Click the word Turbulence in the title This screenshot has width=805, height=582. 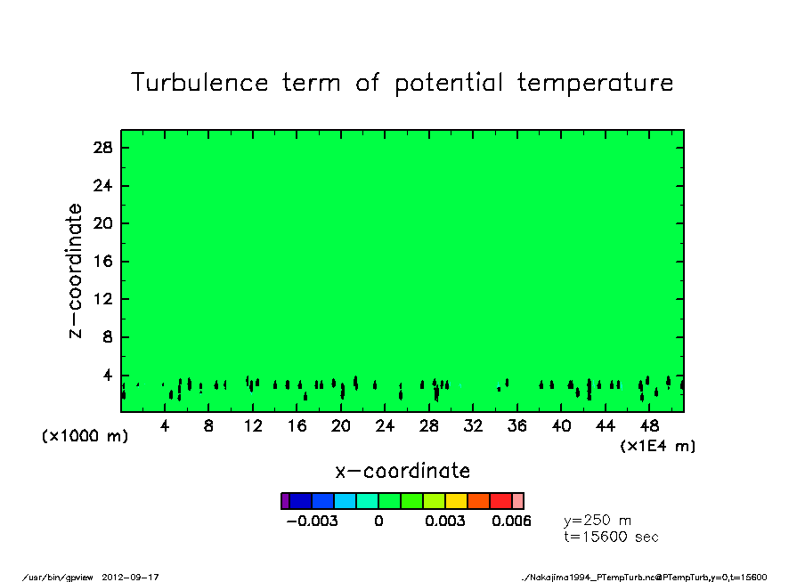(x=199, y=83)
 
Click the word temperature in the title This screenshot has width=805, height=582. (x=595, y=84)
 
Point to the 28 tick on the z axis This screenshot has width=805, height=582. (x=102, y=148)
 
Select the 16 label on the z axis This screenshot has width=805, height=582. (x=102, y=262)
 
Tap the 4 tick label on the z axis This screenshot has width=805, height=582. (x=107, y=376)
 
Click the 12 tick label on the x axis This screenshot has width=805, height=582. (x=253, y=426)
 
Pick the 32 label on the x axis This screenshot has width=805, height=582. (x=473, y=426)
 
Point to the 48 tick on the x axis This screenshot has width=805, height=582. (x=649, y=426)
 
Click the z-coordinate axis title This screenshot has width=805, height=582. (x=75, y=271)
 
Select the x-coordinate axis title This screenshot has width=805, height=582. (x=402, y=471)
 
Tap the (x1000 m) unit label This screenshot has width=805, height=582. (x=85, y=436)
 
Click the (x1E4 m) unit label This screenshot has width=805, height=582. (x=658, y=446)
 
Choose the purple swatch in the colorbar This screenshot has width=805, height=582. (x=285, y=501)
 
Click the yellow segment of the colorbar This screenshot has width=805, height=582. (x=457, y=501)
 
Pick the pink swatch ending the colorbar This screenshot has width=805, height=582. (x=518, y=501)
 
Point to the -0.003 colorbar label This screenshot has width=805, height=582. (x=313, y=521)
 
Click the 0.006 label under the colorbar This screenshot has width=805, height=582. (x=511, y=521)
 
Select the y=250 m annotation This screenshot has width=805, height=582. (x=598, y=521)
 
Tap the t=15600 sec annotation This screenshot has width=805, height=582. (x=611, y=537)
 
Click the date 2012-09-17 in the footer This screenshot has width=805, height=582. (x=130, y=578)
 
